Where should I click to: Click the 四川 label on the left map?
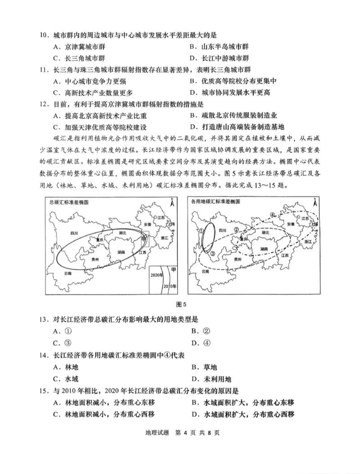75,233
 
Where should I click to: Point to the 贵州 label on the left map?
95,259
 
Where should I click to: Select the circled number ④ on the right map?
272,215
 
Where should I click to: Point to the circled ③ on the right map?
213,253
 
